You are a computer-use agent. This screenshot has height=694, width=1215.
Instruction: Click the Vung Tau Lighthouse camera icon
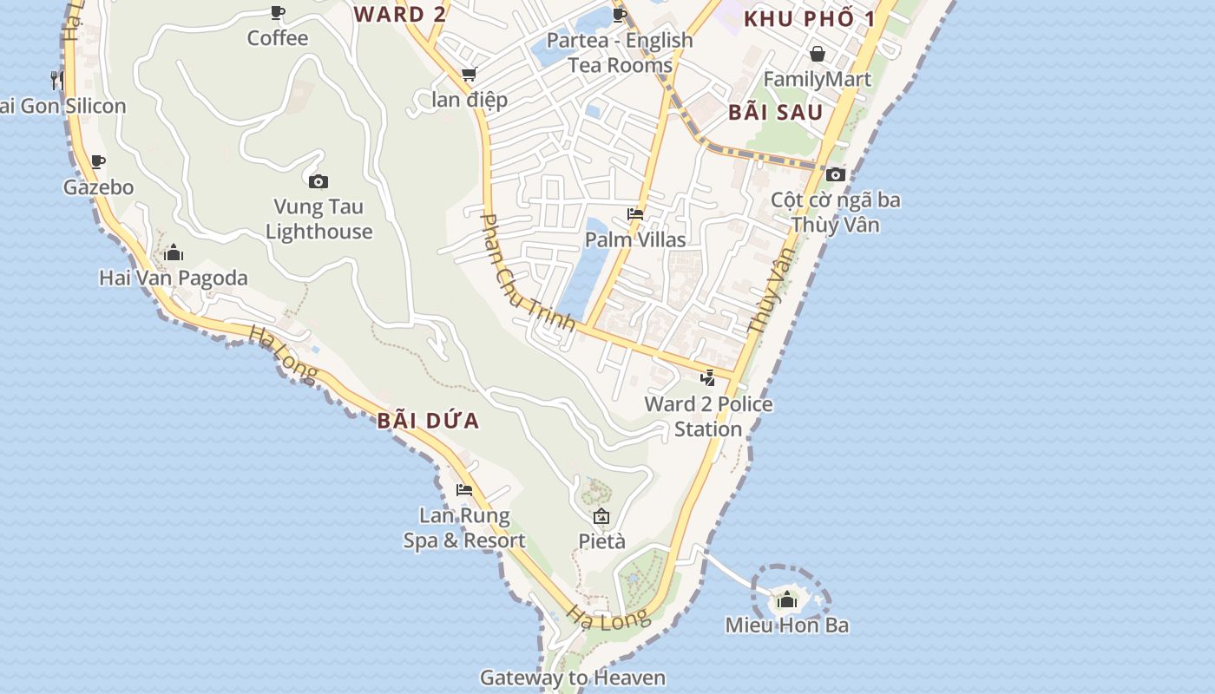[x=319, y=181]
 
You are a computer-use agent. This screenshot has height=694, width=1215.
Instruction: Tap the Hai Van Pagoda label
[x=174, y=278]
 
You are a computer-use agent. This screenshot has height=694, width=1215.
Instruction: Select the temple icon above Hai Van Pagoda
[x=174, y=252]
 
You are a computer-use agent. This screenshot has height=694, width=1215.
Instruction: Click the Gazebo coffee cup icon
[x=98, y=161]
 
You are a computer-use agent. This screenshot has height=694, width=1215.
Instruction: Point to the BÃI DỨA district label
[x=428, y=422]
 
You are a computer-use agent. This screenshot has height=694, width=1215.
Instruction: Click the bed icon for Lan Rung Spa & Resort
[x=464, y=490]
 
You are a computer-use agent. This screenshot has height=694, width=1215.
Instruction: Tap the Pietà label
[x=601, y=541]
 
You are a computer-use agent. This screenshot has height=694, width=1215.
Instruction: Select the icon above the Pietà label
[x=601, y=517]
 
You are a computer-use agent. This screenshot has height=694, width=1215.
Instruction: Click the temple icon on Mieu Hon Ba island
[x=787, y=599]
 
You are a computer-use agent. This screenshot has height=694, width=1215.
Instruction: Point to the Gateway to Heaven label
[x=573, y=678]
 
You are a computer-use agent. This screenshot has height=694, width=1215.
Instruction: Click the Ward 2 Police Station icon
[x=708, y=378]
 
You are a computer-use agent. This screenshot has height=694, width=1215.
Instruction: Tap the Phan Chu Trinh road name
[x=527, y=272]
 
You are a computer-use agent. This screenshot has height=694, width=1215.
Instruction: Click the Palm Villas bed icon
[x=635, y=214]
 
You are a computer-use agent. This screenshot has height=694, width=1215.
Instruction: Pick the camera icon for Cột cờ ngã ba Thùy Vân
[x=836, y=174]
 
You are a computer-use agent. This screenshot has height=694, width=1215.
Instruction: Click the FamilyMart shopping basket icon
[x=817, y=54]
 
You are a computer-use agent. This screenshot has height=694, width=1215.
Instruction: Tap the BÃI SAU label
[x=775, y=112]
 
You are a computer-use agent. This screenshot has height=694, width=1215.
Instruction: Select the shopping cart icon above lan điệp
[x=470, y=75]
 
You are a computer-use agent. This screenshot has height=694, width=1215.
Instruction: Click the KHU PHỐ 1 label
[x=808, y=19]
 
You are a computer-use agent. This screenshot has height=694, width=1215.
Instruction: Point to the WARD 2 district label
[x=401, y=14]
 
